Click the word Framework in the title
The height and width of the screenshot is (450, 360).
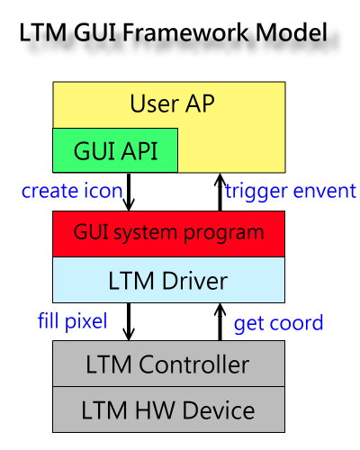[x=185, y=32]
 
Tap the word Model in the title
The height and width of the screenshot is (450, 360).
[x=292, y=32]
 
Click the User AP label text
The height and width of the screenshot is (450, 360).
[x=172, y=103]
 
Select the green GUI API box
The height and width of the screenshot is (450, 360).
[x=115, y=150]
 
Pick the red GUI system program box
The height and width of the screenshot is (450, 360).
[x=168, y=234]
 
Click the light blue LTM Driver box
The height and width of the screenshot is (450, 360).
[x=168, y=280]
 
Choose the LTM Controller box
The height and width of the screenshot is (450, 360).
[x=168, y=364]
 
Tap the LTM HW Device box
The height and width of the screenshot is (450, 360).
[x=168, y=409]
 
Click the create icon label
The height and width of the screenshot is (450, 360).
[x=72, y=191]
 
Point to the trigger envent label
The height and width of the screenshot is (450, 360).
[x=291, y=192]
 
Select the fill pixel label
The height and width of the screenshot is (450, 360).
[x=72, y=322]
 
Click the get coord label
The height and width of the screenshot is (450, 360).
[x=278, y=324]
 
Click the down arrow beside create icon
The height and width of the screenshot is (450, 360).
[x=129, y=192]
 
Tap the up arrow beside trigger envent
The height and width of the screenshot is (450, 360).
[x=220, y=192]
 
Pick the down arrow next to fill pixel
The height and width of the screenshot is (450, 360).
[x=129, y=321]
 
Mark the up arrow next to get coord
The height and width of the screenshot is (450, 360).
[x=220, y=321]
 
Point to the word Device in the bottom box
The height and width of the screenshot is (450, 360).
[x=219, y=410]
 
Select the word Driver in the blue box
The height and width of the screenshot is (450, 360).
[x=194, y=281]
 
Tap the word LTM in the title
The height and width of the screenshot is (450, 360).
[x=42, y=32]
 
